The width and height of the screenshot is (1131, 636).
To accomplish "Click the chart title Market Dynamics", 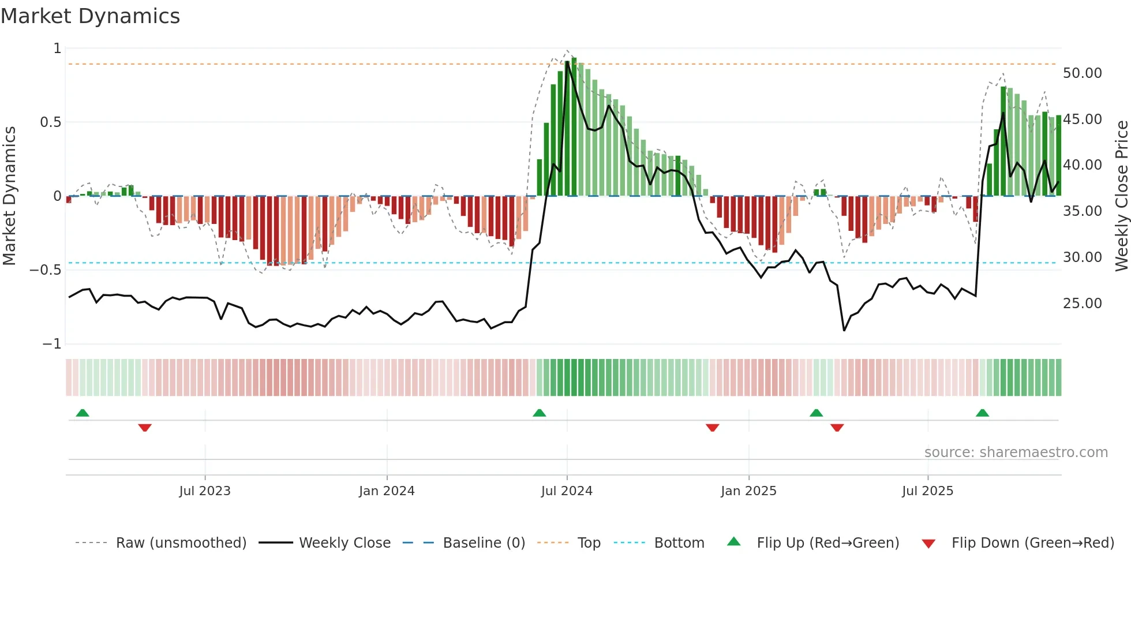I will coord(91,16).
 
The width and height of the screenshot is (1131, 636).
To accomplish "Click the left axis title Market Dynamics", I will coord(9,196).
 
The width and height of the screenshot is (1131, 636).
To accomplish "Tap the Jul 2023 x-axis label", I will coord(205,491).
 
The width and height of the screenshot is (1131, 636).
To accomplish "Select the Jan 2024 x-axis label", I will coord(387,491).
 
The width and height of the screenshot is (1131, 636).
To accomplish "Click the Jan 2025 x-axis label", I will coord(748,491).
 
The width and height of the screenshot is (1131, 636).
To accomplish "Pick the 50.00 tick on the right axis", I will coord(1082,73).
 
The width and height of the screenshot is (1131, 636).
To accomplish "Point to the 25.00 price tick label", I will coord(1082,304).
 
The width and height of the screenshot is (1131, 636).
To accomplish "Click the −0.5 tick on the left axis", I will coord(45,270).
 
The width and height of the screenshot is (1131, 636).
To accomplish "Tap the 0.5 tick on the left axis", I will coord(50,122).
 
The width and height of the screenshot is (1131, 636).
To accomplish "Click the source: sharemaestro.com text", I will coord(1016,452).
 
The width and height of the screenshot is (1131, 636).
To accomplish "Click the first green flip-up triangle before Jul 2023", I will coord(83,413).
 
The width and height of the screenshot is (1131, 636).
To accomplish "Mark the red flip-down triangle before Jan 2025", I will coord(712,428).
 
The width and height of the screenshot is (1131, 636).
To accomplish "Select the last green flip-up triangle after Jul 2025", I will coord(982,413).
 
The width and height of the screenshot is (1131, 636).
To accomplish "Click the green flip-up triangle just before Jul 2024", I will coord(539,413).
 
